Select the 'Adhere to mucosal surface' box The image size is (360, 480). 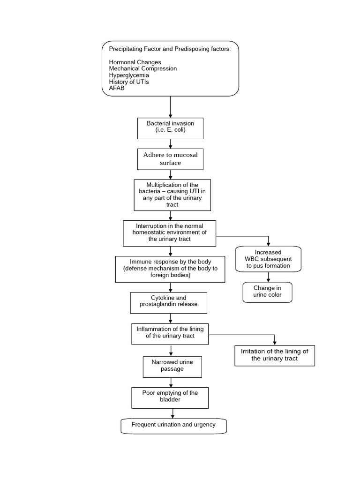pos(170,159)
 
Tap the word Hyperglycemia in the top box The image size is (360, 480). pos(129,75)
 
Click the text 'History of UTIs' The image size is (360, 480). pos(129,82)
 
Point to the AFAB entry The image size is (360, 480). pos(117,88)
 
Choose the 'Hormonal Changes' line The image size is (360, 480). pos(135,62)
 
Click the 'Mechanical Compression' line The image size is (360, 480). pos(143,68)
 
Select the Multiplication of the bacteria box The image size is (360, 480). pos(172,195)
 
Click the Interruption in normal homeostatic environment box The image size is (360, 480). pos(170,233)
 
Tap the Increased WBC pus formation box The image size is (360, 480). pos(268,259)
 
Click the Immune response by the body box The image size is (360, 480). pos(170,269)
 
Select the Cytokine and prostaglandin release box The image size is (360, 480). pos(168,303)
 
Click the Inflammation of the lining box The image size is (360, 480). pos(170,334)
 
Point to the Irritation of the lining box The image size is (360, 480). pos(274,355)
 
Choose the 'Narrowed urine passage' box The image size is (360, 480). pos(172,367)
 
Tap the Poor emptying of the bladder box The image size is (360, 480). pos(170,397)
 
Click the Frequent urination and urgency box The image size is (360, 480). pos(173,426)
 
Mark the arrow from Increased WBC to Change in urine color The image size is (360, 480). pos(268,277)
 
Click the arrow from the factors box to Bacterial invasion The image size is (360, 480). pos(171,107)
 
